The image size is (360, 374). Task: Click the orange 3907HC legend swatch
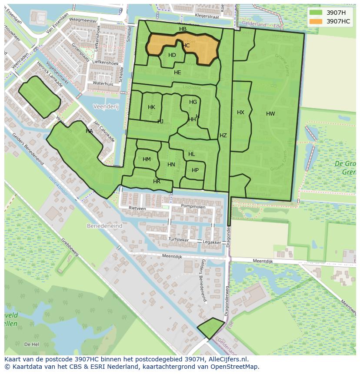[x=316, y=21]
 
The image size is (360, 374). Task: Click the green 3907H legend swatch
[x=316, y=13]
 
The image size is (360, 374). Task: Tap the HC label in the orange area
[x=186, y=46]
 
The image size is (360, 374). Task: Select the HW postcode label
[x=270, y=114]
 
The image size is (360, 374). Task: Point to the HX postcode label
[x=240, y=113]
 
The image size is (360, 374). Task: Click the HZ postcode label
[x=223, y=136]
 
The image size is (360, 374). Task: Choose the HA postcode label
[x=89, y=131]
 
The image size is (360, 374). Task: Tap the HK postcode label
[x=151, y=107]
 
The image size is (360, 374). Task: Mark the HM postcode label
[x=147, y=159]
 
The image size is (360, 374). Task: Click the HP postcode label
[x=195, y=170]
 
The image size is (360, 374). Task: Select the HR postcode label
[x=157, y=182]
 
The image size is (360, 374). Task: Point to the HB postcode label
[x=183, y=29]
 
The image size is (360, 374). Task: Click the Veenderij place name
[x=106, y=106]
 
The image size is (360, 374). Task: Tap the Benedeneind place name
[x=104, y=226]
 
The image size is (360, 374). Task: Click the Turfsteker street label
[x=179, y=239]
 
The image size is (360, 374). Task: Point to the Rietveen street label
[x=137, y=209]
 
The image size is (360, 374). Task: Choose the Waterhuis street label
[x=103, y=83]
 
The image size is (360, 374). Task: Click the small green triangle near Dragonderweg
[x=211, y=328]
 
